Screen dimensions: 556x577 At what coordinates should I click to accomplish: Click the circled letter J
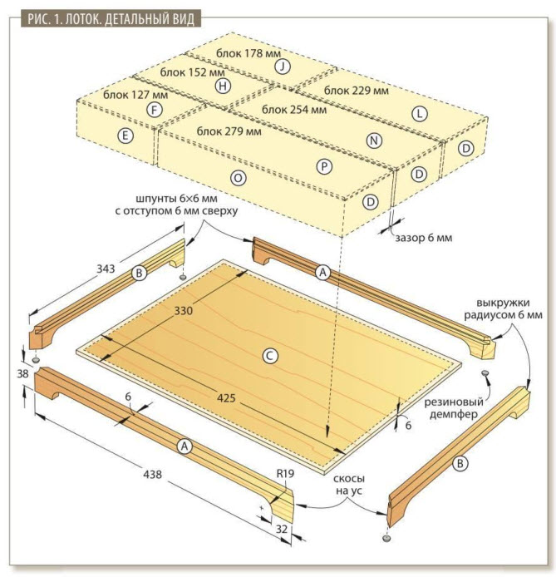tap(283, 67)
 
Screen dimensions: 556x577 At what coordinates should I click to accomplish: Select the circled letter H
tap(223, 86)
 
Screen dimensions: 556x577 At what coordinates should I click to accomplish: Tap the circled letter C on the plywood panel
tap(270, 356)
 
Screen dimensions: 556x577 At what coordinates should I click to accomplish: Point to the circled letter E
tap(125, 136)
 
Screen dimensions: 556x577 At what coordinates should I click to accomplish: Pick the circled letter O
tap(238, 178)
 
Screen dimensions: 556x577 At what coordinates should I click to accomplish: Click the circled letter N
tap(374, 141)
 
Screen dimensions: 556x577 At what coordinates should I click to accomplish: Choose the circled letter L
tap(420, 114)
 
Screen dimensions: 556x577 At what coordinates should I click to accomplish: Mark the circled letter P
tap(324, 166)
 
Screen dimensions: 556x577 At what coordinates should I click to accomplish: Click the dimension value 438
tap(152, 474)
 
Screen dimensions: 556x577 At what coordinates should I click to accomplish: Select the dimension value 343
tap(106, 269)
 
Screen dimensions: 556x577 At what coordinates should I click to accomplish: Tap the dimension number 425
tap(226, 397)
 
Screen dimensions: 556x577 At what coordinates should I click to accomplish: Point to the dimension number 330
tap(183, 311)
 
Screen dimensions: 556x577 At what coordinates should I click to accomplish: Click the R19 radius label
tap(285, 473)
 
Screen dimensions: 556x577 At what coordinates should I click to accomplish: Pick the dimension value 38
tap(22, 373)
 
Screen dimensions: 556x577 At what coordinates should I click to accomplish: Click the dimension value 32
tap(281, 529)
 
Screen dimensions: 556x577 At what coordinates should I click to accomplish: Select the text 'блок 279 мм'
tap(229, 131)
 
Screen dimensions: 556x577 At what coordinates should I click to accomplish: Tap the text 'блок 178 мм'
tap(248, 53)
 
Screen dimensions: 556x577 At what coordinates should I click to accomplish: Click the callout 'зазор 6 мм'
tap(424, 238)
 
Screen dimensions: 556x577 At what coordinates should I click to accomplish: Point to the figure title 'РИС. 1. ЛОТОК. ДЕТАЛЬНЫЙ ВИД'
tap(111, 19)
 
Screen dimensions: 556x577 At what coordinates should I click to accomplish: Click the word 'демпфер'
tap(454, 414)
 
